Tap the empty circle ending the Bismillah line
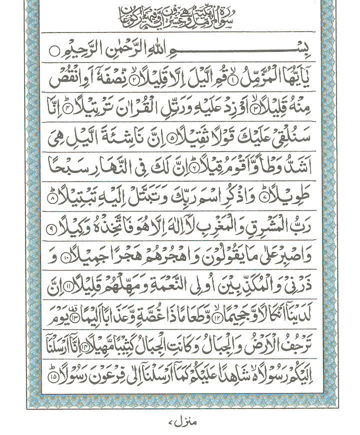pyautogui.click(x=54, y=50)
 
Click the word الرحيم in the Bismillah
pyautogui.click(x=85, y=50)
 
